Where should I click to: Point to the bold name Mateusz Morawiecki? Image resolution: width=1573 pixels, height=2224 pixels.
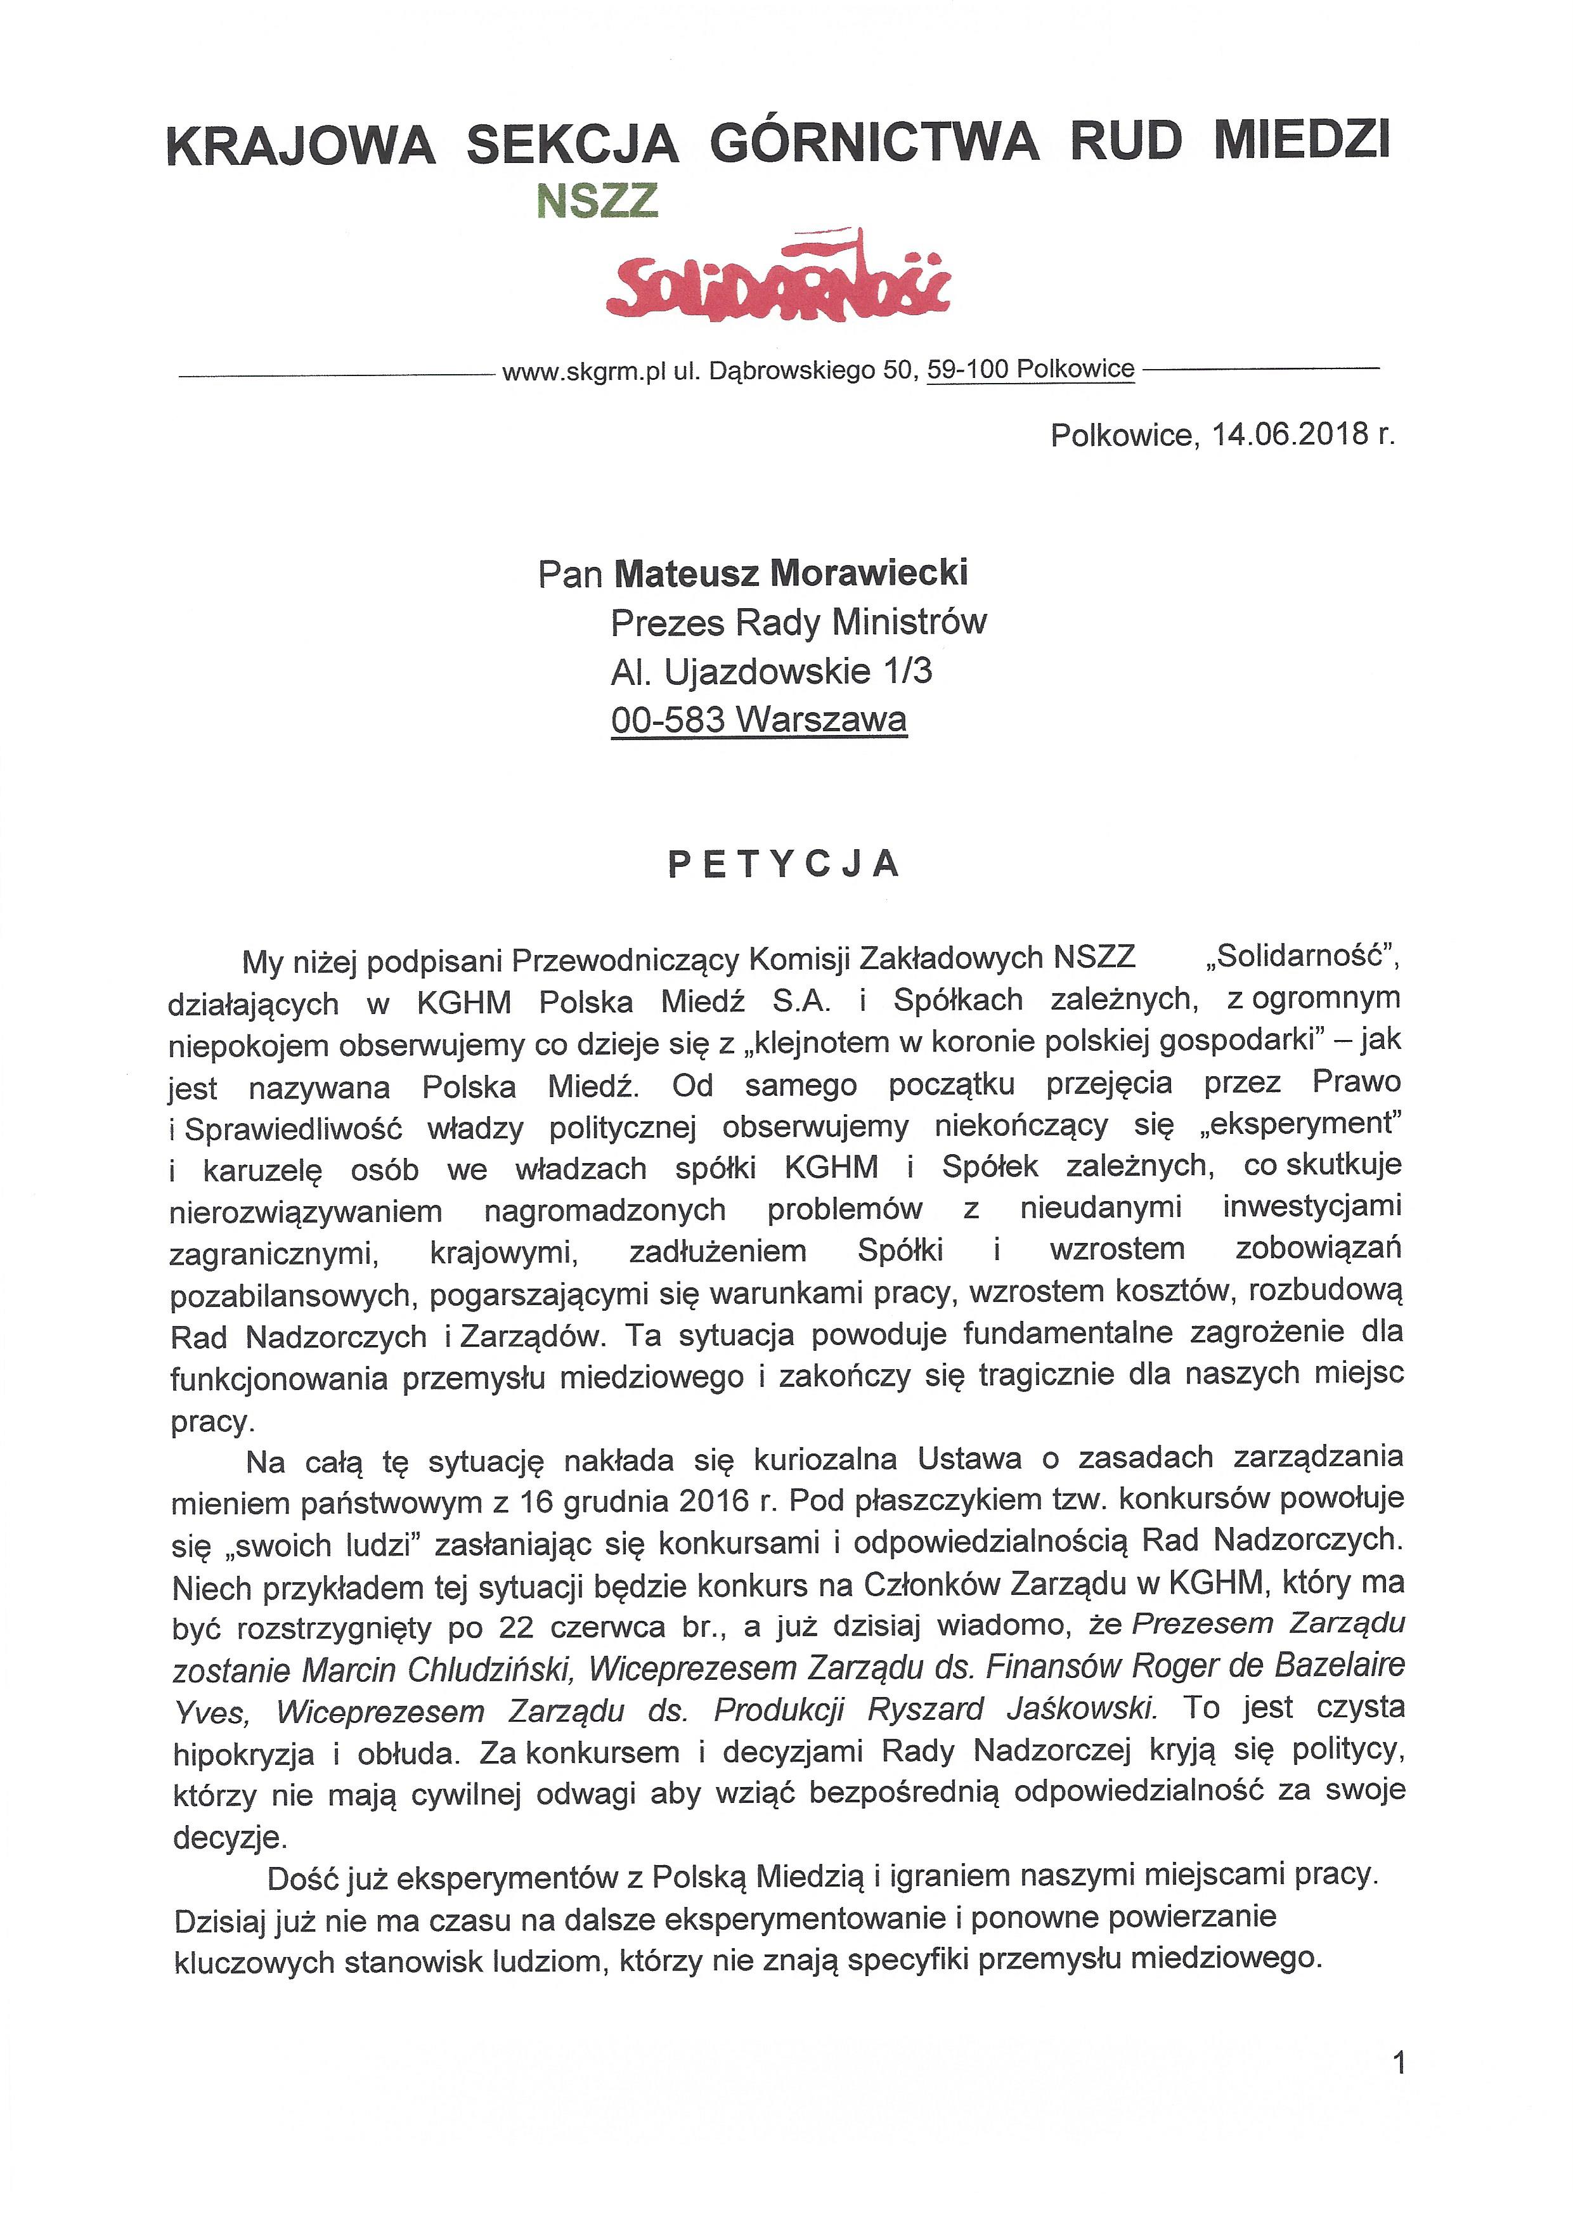(791, 573)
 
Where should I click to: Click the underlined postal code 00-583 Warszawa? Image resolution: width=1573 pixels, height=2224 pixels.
(758, 720)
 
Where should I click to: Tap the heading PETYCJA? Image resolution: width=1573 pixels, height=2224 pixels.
(784, 863)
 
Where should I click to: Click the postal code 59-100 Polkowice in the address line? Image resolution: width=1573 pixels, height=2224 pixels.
(1030, 370)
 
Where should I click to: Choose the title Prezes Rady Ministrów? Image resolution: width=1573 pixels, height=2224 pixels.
(798, 623)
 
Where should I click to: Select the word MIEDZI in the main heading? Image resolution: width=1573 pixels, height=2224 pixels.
(1301, 140)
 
